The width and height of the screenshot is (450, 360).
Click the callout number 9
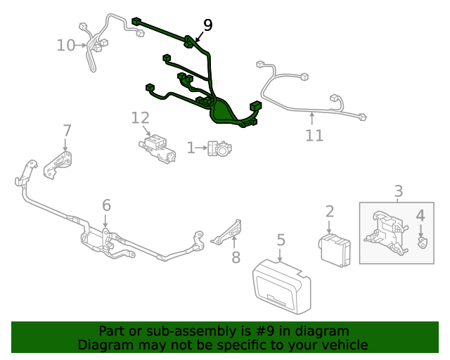[x=207, y=25]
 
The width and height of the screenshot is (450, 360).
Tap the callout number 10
[x=65, y=46]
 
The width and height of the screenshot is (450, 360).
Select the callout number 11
[x=314, y=135]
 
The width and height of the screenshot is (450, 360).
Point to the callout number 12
[x=140, y=117]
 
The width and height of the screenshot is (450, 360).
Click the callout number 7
[x=67, y=131]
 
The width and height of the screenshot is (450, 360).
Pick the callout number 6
[x=106, y=205]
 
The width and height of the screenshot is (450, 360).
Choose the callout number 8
[x=236, y=257]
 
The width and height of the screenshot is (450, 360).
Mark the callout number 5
[x=281, y=240]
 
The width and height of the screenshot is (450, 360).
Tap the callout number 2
[x=329, y=211]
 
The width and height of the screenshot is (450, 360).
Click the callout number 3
[x=398, y=191]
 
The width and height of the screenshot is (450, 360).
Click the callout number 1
[x=191, y=148]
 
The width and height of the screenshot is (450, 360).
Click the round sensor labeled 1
[x=219, y=148]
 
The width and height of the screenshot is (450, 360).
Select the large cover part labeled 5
[x=281, y=284]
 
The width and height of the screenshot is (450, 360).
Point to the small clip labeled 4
[x=422, y=243]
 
